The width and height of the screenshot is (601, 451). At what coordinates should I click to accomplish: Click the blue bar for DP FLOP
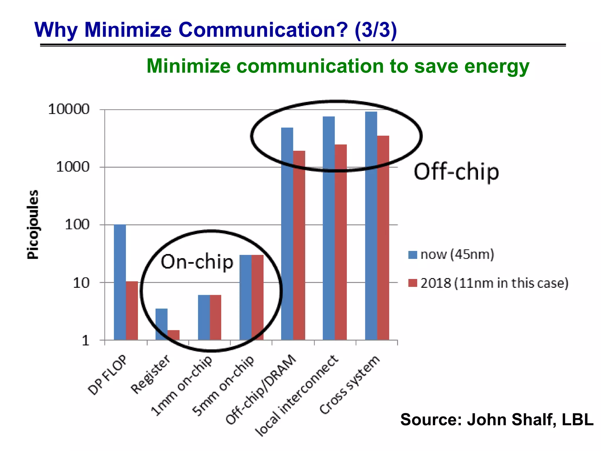[x=120, y=282]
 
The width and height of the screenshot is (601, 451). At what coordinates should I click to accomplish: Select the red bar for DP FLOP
[x=132, y=311]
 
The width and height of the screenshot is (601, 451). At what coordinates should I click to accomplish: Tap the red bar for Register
[x=173, y=335]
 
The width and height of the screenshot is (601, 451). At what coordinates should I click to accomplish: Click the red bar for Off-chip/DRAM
[x=299, y=245]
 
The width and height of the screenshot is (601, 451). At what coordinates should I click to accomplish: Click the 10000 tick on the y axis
[x=69, y=110]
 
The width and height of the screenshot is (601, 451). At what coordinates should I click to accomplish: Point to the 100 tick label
[x=77, y=225]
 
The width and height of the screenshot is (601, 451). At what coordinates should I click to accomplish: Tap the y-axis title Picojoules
[x=33, y=225]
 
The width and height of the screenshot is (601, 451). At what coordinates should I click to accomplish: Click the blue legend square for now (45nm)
[x=413, y=255]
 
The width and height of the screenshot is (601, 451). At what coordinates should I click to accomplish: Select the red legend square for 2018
[x=413, y=283]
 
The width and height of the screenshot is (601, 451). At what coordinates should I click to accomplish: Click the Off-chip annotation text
[x=456, y=172]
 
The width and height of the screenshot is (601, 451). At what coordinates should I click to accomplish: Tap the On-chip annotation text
[x=197, y=262]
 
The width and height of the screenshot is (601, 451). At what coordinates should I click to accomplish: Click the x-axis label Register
[x=151, y=374]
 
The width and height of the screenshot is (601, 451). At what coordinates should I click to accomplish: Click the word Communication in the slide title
[x=263, y=30]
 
